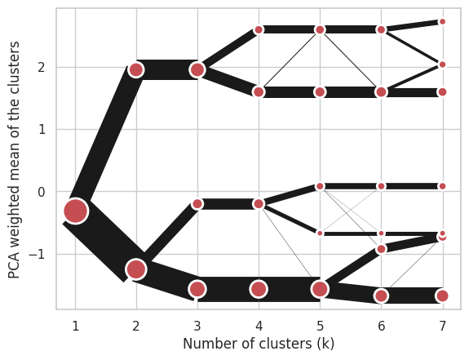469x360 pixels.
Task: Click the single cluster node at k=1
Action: point(75,211)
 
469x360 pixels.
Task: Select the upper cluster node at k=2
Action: point(136,69)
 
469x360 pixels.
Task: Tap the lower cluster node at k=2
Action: point(136,269)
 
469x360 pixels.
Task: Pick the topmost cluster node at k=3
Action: point(197,69)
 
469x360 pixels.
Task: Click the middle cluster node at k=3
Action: point(197,204)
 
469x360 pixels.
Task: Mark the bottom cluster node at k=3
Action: point(197,289)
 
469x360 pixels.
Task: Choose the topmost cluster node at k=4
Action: point(259,29)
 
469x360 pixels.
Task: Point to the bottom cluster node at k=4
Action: point(259,289)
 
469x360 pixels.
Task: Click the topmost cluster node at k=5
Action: point(320,29)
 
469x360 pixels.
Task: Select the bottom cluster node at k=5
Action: point(320,289)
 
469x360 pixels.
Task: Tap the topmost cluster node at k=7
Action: point(442,21)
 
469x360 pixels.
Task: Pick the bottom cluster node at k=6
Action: point(382,296)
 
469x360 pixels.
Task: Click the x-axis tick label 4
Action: point(259,326)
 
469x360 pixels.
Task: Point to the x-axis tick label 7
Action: point(442,326)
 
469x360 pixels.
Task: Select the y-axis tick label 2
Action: point(42,67)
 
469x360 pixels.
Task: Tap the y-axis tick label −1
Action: point(37,254)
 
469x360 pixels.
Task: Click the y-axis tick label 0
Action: point(42,192)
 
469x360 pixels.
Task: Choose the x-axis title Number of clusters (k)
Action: point(259,344)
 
